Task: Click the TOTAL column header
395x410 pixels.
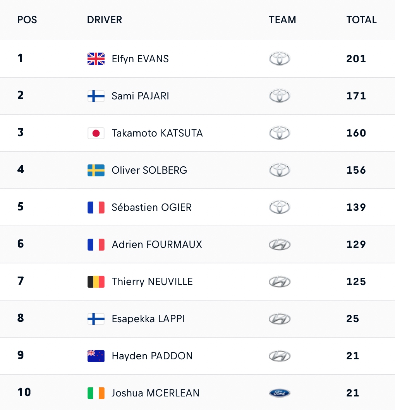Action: point(361,20)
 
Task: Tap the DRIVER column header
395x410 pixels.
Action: point(105,20)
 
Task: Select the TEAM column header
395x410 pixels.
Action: point(282,20)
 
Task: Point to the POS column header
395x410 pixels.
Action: point(27,20)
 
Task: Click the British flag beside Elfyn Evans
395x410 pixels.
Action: point(96,58)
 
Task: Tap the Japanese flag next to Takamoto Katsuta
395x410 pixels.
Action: point(96,133)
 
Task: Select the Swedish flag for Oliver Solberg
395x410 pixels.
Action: point(96,170)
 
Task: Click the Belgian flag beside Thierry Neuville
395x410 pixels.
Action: point(96,282)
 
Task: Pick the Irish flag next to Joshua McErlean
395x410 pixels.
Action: point(96,393)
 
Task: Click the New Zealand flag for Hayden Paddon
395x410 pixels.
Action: point(96,356)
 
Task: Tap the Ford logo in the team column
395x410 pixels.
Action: point(280,393)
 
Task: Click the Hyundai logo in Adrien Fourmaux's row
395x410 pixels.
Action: point(280,244)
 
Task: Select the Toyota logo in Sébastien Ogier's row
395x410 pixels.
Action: point(280,207)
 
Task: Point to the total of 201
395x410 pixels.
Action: point(356,59)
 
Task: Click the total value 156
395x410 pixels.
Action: point(356,170)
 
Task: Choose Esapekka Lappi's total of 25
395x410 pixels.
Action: point(352,319)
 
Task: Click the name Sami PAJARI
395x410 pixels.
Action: point(140,96)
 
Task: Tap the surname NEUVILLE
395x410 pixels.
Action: point(170,282)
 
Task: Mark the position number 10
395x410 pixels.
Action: point(24,392)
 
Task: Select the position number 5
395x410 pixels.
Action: point(21,207)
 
